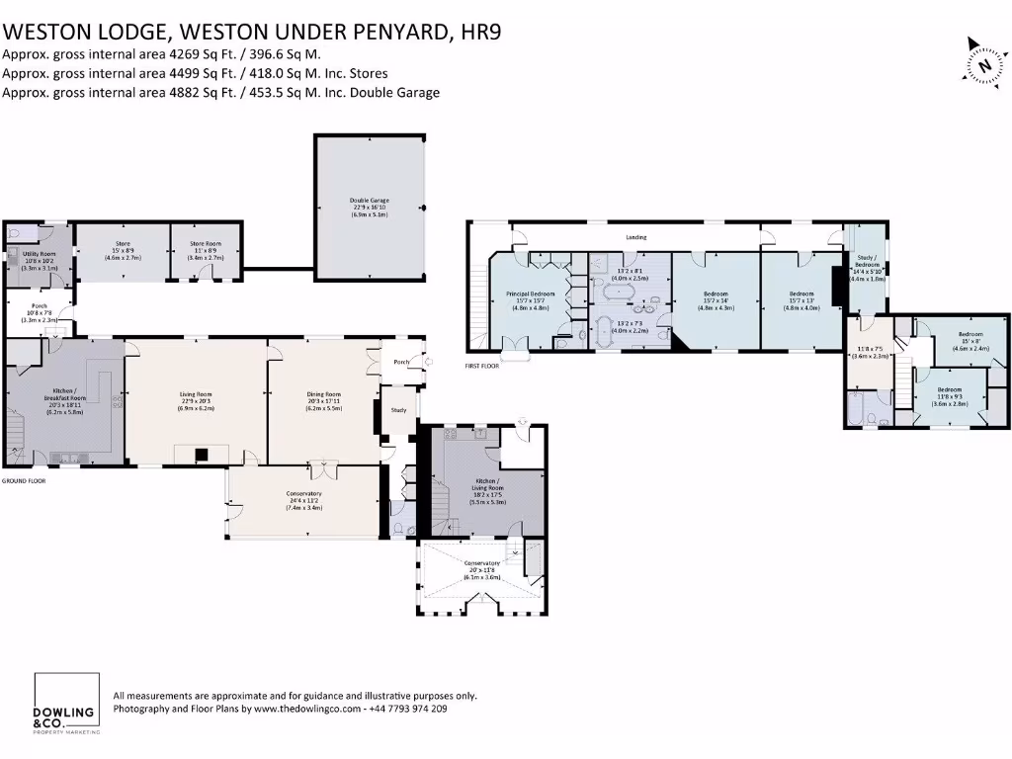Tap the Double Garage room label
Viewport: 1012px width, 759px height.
[x=369, y=201]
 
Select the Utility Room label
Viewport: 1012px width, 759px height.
[x=37, y=254]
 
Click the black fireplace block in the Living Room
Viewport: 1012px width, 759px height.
[x=201, y=455]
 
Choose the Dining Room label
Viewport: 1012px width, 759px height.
[x=324, y=394]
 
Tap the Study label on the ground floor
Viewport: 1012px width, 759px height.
[x=399, y=409]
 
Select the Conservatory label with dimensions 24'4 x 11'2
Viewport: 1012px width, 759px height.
[x=303, y=493]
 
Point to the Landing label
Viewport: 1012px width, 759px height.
[x=636, y=237]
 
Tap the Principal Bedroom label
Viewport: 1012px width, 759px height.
[x=531, y=294]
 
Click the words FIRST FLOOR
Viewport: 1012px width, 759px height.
[x=483, y=366]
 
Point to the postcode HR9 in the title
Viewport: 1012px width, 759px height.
[x=480, y=33]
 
